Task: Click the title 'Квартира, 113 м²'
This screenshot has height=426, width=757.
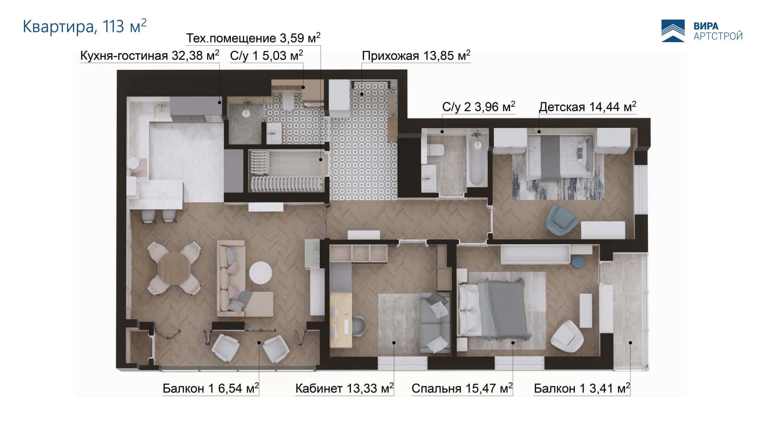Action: coord(85,26)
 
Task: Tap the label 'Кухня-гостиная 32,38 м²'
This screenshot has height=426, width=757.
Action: coord(150,56)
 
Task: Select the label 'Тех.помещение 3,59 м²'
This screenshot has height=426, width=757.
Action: coord(253,38)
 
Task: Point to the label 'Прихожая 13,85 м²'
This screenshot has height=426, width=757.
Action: coord(416,56)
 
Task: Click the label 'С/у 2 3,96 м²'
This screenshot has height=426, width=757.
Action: coord(479,107)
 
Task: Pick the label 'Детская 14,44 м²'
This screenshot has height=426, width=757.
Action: coord(587,107)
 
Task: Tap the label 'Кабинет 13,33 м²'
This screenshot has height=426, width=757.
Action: coord(345,389)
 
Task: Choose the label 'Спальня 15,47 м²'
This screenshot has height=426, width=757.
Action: coord(462,389)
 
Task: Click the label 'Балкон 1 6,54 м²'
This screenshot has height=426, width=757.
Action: coord(211,389)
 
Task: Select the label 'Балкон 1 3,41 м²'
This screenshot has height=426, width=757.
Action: coord(582,389)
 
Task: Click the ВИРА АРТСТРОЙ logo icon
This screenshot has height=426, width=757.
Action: coord(673,31)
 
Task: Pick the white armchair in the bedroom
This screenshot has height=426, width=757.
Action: coord(567,336)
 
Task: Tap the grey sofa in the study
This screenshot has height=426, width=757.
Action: coord(434,323)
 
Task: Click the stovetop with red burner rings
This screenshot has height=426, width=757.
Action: coord(141,167)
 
